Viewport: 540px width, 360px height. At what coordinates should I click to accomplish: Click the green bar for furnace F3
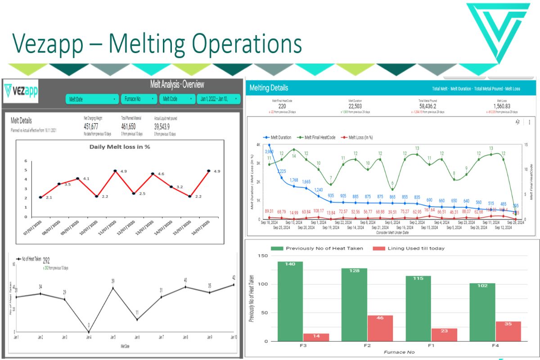pyautogui.click(x=290, y=301)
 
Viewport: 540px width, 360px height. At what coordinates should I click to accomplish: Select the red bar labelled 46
pyautogui.click(x=367, y=328)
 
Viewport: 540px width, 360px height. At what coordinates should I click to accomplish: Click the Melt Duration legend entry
pyautogui.click(x=279, y=137)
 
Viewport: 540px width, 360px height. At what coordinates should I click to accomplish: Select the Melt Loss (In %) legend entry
pyautogui.click(x=357, y=137)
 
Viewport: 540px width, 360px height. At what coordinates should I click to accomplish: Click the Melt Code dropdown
pyautogui.click(x=176, y=99)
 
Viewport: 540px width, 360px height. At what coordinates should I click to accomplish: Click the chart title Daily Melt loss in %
pyautogui.click(x=119, y=147)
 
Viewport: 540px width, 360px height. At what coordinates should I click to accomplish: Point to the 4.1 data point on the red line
pyautogui.click(x=78, y=179)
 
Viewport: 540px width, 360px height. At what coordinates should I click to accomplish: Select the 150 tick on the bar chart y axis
pyautogui.click(x=262, y=256)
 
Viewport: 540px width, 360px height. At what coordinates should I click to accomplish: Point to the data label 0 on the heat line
pyautogui.click(x=89, y=325)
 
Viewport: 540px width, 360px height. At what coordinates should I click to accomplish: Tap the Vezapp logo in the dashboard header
pyautogui.click(x=21, y=90)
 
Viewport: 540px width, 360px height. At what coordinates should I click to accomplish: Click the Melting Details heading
pyautogui.click(x=269, y=88)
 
